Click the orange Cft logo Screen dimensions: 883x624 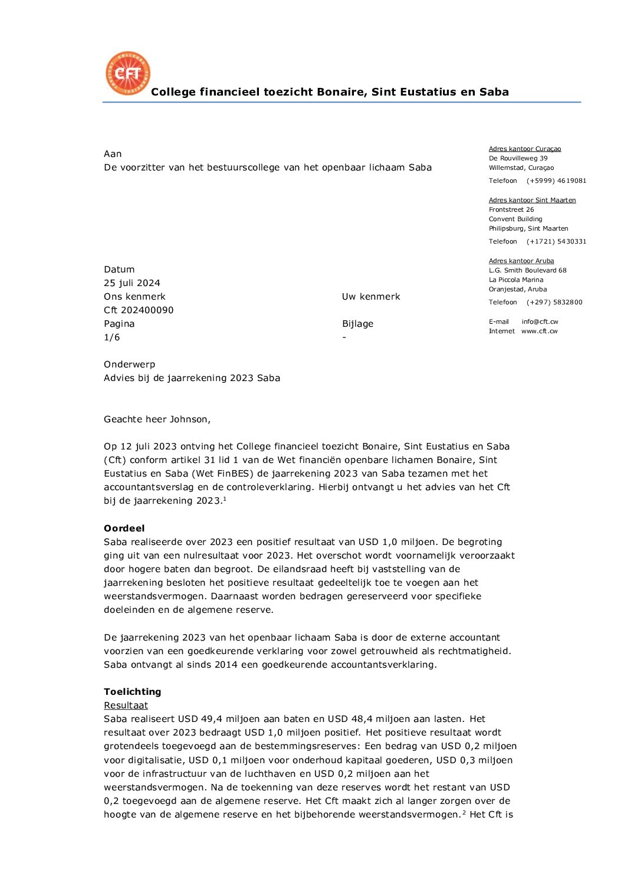pos(127,73)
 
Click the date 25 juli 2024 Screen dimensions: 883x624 pos(132,283)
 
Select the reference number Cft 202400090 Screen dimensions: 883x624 pos(139,310)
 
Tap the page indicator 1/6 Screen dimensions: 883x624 pos(112,337)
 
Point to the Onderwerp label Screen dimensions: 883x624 pos(129,365)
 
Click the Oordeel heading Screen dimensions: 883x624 pos(124,529)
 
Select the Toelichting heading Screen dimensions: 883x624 pos(132,692)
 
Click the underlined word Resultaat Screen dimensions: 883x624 pos(126,705)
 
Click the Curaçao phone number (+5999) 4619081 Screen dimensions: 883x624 pos(556,181)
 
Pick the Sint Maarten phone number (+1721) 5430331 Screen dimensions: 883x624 pos(556,242)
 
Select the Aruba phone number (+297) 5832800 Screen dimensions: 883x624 pos(554,303)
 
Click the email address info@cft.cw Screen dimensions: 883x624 pos(540,322)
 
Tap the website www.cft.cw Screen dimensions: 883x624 pos(539,331)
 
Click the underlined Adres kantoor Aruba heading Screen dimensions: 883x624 pos(521,261)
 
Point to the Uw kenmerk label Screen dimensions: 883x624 pos(371,297)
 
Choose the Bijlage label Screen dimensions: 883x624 pos(357,324)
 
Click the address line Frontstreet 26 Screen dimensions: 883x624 pos(511,210)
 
